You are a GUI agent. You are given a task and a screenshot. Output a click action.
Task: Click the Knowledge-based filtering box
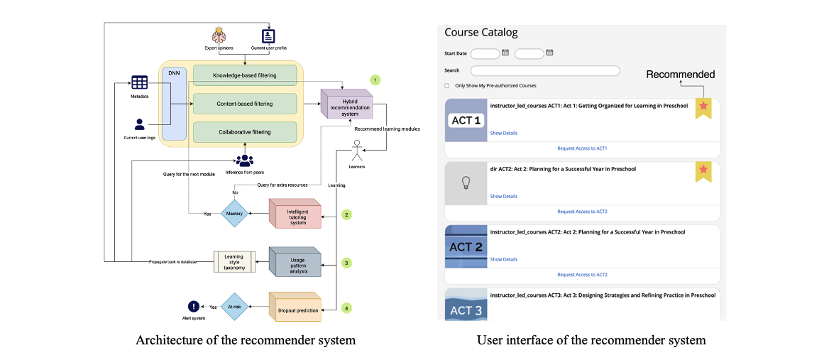245,75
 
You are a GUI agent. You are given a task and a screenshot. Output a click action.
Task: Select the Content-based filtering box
245,104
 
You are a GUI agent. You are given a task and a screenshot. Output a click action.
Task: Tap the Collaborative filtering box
245,133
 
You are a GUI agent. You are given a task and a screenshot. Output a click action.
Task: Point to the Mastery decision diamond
234,212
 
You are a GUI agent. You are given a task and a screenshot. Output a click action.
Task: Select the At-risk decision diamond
234,307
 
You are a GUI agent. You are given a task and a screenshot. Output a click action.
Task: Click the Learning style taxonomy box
234,261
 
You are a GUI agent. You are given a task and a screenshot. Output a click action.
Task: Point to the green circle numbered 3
346,263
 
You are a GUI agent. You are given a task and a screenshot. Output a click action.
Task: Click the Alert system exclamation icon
193,307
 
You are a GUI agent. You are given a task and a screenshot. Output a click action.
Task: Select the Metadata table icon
139,82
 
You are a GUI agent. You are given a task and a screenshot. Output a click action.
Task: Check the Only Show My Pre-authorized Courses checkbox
447,86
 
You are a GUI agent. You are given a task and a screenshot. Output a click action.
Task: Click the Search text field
545,70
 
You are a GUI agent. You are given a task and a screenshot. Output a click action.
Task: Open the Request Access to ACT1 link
582,148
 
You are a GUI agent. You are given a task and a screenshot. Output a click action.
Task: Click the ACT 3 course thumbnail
466,305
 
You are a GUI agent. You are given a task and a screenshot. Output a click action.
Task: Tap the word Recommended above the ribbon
680,74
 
